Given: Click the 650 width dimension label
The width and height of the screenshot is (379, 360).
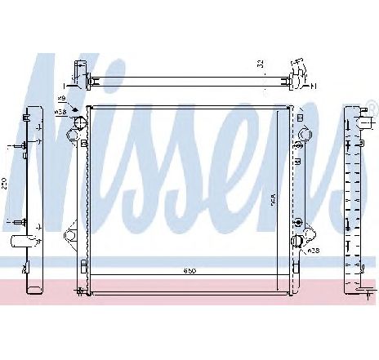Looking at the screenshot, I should click(x=189, y=270).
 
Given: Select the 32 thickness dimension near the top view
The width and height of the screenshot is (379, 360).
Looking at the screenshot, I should click(x=260, y=66).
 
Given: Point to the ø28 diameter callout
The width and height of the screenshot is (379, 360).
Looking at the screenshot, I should click(x=314, y=251).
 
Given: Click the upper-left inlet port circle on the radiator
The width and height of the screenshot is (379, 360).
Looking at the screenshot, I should click(x=80, y=124).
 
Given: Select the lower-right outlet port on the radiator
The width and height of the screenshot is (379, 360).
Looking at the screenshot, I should click(x=300, y=239).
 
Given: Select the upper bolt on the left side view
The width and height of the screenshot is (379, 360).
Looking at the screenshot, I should click(x=19, y=148).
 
